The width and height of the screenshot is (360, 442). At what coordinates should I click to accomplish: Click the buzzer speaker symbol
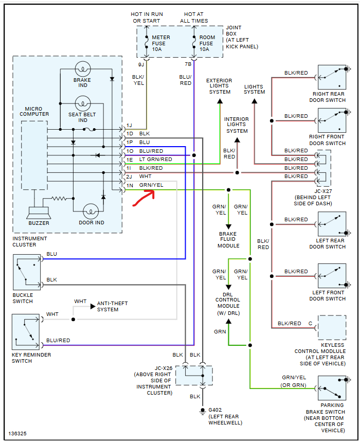tap(39, 211)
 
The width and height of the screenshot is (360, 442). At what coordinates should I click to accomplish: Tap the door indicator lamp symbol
tap(91, 211)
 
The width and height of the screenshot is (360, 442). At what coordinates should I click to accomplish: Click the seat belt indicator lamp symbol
tap(82, 103)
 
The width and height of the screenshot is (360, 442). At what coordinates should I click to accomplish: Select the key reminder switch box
tap(26, 332)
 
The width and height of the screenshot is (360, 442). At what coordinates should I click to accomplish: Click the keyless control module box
tap(332, 328)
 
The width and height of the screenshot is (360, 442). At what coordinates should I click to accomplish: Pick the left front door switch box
tap(332, 276)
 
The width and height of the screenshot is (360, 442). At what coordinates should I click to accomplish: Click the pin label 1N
tap(130, 185)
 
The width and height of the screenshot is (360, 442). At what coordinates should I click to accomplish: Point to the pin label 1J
tap(130, 126)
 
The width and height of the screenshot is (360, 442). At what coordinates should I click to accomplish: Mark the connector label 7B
tap(188, 64)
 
